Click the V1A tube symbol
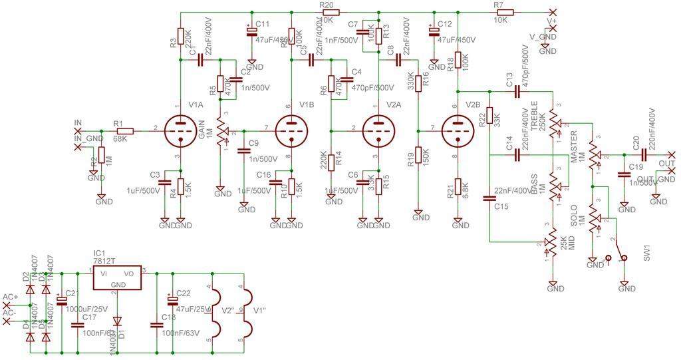pos(178,130)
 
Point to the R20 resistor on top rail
pos(330,12)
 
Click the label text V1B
pos(307,104)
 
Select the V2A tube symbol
pos(377,130)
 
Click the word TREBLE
pos(535,116)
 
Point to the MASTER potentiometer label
pos(574,147)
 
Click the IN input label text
pos(78,123)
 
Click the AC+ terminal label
pos(10,297)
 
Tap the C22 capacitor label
pos(184,293)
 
